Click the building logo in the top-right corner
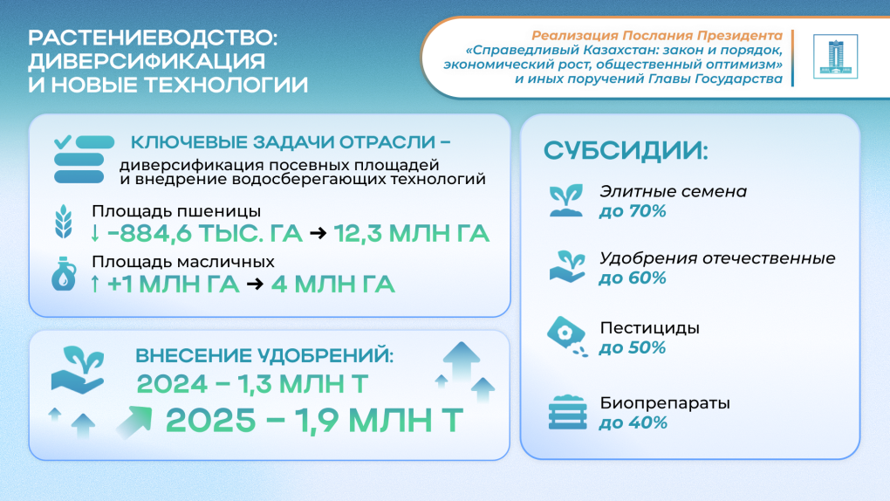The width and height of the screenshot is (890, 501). tap(835, 57)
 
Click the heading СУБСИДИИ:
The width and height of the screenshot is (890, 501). tap(626, 150)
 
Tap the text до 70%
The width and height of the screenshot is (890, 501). tap(633, 211)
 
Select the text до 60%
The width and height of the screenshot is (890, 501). tap(633, 278)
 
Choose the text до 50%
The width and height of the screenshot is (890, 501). tap(633, 347)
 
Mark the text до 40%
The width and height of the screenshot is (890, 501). tap(633, 423)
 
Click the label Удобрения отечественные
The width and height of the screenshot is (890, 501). tap(717, 258)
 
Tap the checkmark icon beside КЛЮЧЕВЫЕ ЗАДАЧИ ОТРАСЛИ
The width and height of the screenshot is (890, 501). tap(63, 141)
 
